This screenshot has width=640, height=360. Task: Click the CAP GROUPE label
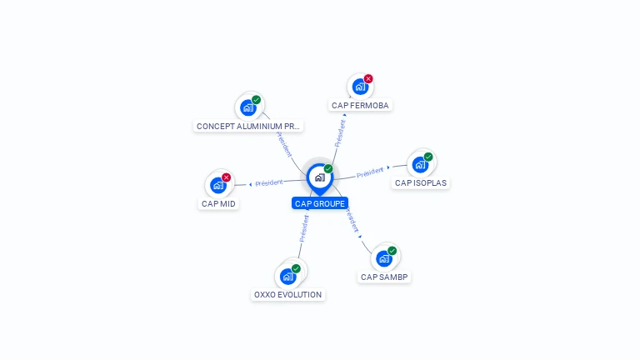(x=320, y=203)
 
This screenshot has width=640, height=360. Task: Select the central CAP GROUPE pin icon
(x=319, y=177)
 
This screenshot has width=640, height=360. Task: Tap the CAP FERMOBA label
(x=360, y=105)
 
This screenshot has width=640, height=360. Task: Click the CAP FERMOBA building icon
(x=360, y=87)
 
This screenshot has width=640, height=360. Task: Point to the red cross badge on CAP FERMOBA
(x=368, y=79)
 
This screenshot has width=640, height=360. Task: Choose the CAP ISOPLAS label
(x=421, y=182)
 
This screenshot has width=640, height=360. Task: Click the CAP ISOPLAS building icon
(x=420, y=164)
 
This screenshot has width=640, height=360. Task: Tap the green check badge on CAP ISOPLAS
(x=428, y=157)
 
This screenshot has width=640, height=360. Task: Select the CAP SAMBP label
(x=385, y=277)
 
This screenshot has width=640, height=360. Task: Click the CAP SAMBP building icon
(x=384, y=258)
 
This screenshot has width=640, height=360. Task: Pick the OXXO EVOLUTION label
(x=287, y=294)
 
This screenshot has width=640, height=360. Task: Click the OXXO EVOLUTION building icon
(x=288, y=276)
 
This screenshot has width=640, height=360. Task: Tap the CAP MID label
(x=218, y=203)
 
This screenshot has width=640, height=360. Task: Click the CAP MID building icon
(x=218, y=185)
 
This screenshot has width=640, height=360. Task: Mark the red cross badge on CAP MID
(x=226, y=177)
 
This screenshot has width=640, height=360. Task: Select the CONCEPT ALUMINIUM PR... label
(x=247, y=126)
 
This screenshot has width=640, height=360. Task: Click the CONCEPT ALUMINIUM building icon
(x=248, y=107)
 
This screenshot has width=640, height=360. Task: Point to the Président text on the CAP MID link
(x=269, y=182)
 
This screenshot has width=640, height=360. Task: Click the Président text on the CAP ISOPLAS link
(x=369, y=173)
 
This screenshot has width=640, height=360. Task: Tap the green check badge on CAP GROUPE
(x=328, y=169)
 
